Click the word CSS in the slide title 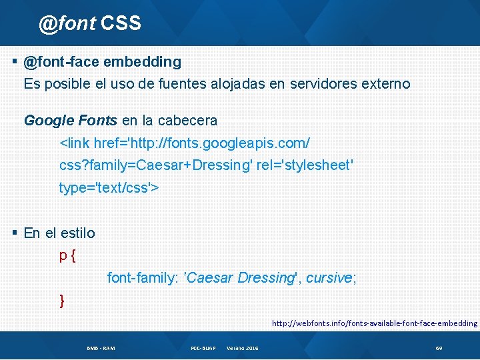tap(121, 23)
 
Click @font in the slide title tap(67, 24)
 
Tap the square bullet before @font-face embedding tap(15, 61)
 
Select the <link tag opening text tap(74, 143)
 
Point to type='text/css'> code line tap(109, 188)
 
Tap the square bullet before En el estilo tap(15, 233)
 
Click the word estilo tap(77, 233)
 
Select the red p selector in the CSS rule tap(63, 256)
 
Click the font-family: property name tap(143, 278)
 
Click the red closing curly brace tap(62, 301)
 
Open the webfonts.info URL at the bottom tap(374, 323)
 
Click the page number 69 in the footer tap(439, 349)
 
